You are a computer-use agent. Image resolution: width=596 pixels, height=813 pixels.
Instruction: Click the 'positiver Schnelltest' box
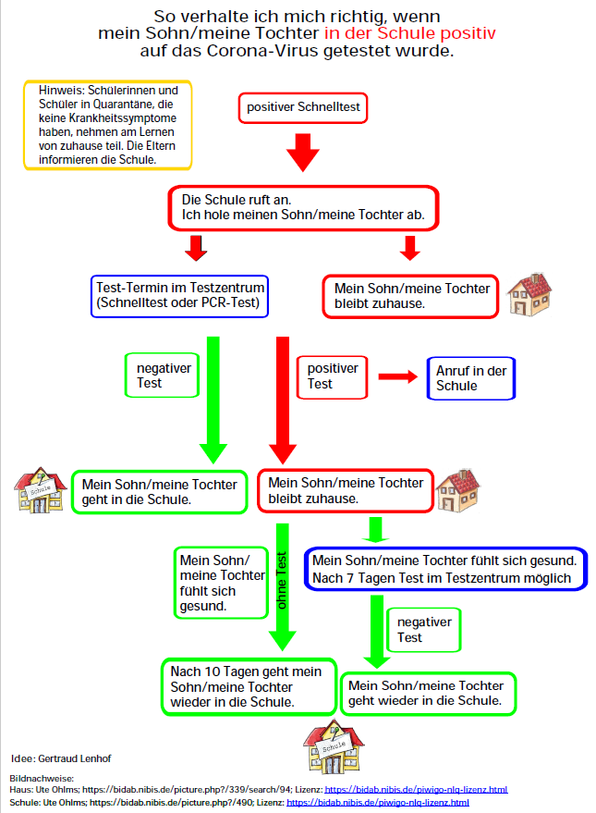click(303, 108)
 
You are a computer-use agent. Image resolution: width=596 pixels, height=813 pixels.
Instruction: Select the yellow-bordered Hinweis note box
click(108, 125)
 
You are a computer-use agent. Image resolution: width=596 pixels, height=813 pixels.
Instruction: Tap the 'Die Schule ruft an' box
click(303, 208)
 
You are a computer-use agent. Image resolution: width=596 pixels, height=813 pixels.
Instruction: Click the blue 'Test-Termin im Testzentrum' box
click(179, 296)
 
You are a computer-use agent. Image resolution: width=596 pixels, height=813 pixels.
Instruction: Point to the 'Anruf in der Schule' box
click(470, 378)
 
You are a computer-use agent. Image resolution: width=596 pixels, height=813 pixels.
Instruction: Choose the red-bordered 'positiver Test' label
click(332, 377)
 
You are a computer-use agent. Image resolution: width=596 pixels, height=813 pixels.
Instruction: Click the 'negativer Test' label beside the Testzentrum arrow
click(162, 376)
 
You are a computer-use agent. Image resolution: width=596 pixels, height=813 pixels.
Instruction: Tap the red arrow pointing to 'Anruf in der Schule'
click(397, 377)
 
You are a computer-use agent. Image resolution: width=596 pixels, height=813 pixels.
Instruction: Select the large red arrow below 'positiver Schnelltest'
click(303, 153)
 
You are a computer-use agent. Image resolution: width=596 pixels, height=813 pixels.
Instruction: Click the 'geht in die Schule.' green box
click(160, 492)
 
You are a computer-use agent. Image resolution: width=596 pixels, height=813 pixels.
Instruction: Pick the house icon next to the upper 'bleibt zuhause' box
click(529, 294)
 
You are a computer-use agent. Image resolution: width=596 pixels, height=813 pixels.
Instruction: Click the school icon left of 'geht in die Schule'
click(40, 490)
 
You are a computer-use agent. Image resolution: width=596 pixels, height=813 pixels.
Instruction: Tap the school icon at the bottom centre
click(334, 746)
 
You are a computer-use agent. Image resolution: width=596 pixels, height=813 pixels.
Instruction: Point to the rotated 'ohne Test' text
click(281, 581)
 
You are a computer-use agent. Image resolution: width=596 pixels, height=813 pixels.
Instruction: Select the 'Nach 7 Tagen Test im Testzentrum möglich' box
click(445, 569)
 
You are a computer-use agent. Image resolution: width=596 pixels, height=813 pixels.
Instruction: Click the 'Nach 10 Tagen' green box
click(249, 687)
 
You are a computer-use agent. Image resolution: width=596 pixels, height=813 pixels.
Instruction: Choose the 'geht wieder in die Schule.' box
click(428, 694)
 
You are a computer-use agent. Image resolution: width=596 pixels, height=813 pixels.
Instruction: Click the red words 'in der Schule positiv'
click(409, 33)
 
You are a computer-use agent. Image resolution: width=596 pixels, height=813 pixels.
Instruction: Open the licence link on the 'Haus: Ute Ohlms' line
click(416, 790)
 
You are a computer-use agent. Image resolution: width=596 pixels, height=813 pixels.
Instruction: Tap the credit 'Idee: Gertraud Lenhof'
click(61, 758)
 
